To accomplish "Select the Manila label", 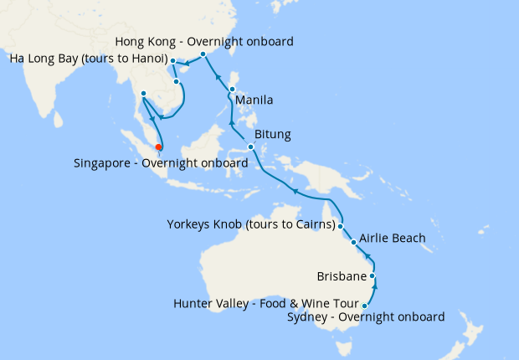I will tap(254, 100).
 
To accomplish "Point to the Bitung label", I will tap(272, 134).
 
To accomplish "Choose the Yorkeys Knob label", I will tap(250, 224).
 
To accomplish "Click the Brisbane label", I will tap(341, 275).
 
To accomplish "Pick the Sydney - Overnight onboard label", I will tap(366, 316).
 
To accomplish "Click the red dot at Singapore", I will tap(158, 148).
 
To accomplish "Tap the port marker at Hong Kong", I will tap(203, 54).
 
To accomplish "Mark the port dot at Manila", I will tap(232, 88).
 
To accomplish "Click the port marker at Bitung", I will tap(250, 148).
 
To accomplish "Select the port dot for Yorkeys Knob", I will tap(341, 226).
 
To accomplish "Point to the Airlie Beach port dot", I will tap(354, 243).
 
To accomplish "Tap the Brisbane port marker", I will tap(373, 275).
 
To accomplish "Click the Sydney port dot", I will tap(365, 306).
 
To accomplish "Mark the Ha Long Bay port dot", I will tap(172, 61).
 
